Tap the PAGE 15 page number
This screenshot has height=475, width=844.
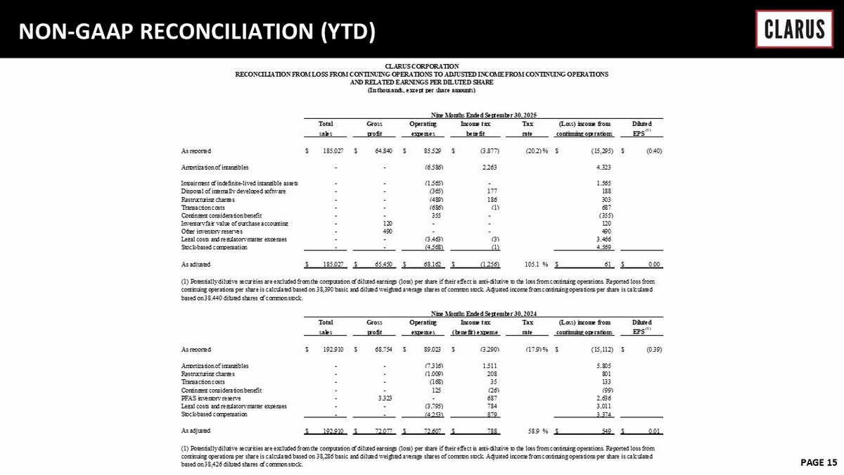(x=818, y=462)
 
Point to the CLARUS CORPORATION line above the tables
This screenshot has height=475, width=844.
(x=422, y=66)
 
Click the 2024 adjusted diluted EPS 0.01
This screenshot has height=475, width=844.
(x=653, y=429)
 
